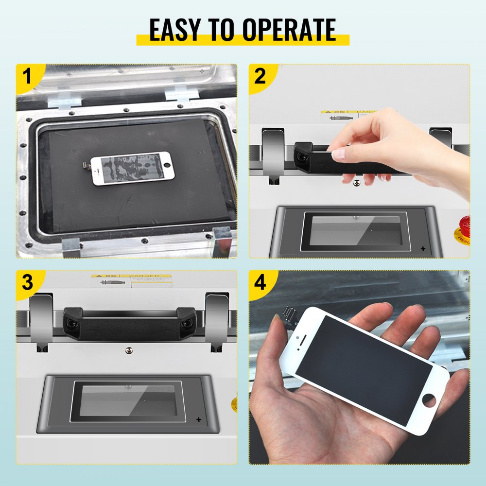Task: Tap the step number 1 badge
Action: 27,77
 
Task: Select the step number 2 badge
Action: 260,77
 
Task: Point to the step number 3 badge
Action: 27,283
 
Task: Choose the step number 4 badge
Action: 260,283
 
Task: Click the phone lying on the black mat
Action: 132,168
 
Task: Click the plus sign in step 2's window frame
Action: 423,249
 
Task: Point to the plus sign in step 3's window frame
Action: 198,419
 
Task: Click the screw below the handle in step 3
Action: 129,350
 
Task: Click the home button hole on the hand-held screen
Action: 429,401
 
